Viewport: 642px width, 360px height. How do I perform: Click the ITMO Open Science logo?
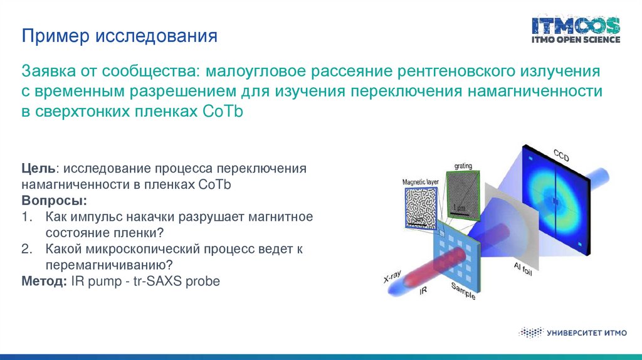coord(576,30)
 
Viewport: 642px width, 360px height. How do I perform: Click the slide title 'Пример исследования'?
coord(119,36)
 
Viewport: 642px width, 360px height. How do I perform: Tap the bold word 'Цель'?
coord(38,168)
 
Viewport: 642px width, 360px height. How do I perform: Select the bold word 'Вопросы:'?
coord(54,201)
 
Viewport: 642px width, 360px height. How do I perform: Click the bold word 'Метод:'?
coord(45,281)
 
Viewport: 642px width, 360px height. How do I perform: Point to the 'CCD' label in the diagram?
coord(561,155)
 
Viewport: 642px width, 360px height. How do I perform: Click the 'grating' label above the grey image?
coord(463,166)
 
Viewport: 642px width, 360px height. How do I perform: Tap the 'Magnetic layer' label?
coord(420,182)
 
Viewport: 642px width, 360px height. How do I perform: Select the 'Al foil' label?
coord(523,269)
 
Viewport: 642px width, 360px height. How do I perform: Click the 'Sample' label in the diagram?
coord(463,291)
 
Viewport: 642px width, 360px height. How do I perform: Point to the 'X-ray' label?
coord(392,277)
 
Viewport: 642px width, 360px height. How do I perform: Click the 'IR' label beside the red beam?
coord(423,291)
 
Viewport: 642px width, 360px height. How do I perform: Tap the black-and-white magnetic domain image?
coord(421,208)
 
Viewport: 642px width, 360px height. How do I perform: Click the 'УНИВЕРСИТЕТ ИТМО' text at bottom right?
coord(586,333)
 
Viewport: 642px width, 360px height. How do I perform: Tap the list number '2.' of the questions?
coord(27,249)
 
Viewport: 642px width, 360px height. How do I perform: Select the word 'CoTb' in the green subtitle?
coord(223,111)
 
